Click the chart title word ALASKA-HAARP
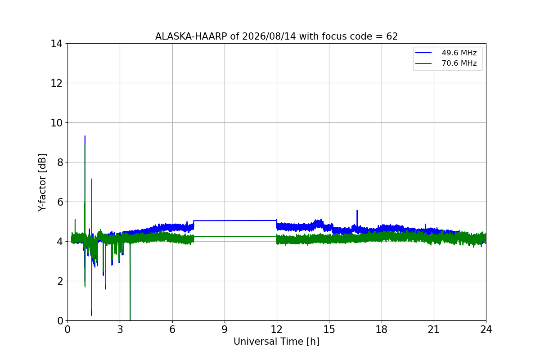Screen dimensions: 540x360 click(x=191, y=36)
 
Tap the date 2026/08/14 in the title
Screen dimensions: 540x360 click(x=269, y=36)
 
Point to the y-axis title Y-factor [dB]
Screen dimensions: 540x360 click(x=42, y=183)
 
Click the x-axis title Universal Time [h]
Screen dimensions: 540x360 click(x=276, y=342)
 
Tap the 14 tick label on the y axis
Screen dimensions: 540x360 click(x=56, y=44)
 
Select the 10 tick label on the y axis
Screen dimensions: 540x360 click(x=56, y=123)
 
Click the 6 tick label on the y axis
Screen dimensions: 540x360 click(x=60, y=202)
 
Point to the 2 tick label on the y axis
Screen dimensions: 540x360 click(x=60, y=281)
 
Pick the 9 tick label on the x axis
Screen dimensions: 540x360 click(x=225, y=329)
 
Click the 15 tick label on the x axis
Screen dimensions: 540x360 click(x=329, y=329)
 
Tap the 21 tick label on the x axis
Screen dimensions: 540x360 click(x=434, y=329)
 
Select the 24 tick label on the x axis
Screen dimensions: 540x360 click(x=486, y=329)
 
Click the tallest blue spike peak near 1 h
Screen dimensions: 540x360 click(x=85, y=136)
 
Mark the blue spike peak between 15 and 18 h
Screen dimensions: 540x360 click(x=357, y=211)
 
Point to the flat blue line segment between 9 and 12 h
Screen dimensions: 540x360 click(x=235, y=220)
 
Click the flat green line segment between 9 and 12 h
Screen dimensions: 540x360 click(x=235, y=237)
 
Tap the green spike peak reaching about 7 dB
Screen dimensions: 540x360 click(x=92, y=179)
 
